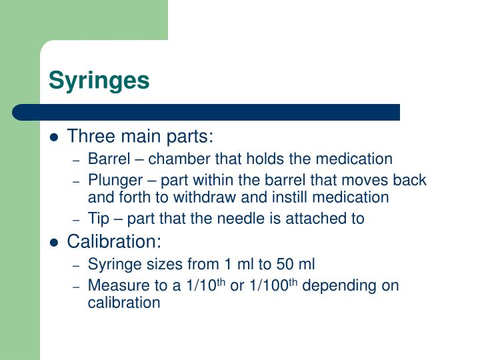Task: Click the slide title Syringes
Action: pyautogui.click(x=99, y=81)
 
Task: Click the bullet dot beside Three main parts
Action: pyautogui.click(x=55, y=138)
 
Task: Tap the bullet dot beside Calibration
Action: pyautogui.click(x=55, y=242)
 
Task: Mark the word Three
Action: pyautogui.click(x=89, y=137)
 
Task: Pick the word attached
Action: pyautogui.click(x=323, y=219)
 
